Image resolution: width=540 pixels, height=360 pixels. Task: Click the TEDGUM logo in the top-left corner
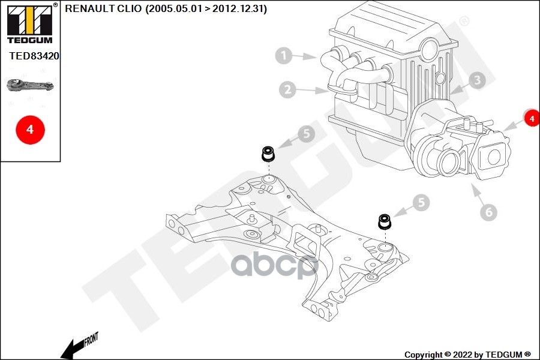pyautogui.click(x=30, y=23)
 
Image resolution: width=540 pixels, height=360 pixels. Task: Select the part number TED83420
pyautogui.click(x=34, y=56)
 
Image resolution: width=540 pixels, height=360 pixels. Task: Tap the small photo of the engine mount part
pyautogui.click(x=31, y=85)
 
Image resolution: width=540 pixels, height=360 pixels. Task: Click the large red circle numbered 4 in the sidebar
pyautogui.click(x=31, y=130)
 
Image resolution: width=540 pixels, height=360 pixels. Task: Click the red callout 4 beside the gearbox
pyautogui.click(x=532, y=118)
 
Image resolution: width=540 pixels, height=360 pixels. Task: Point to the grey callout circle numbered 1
pyautogui.click(x=284, y=55)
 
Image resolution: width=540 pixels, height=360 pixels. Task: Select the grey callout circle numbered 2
pyautogui.click(x=287, y=89)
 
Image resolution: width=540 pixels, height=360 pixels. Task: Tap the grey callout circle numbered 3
pyautogui.click(x=477, y=80)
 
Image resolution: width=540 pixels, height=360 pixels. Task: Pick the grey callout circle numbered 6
pyautogui.click(x=488, y=212)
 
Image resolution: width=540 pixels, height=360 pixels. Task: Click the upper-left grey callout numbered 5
pyautogui.click(x=307, y=133)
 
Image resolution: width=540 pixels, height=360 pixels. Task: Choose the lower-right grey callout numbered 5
pyautogui.click(x=421, y=203)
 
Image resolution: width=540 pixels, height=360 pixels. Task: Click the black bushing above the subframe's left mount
pyautogui.click(x=268, y=154)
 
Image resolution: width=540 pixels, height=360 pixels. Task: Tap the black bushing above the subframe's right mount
pyautogui.click(x=385, y=221)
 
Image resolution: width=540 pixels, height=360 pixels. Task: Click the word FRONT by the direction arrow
pyautogui.click(x=91, y=340)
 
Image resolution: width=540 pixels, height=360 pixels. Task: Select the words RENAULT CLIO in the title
pyautogui.click(x=103, y=8)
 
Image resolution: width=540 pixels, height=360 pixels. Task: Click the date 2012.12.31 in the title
pyautogui.click(x=239, y=8)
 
